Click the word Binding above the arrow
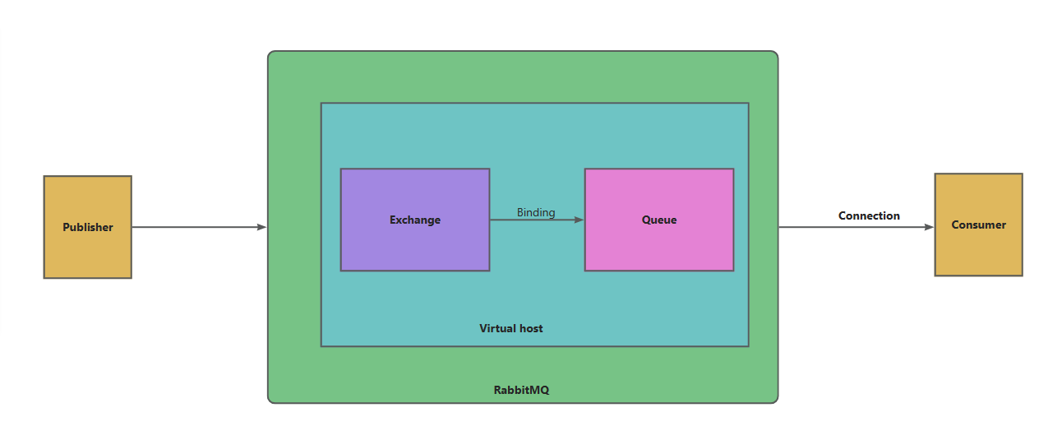536,212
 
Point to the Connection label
869,215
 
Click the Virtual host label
511,328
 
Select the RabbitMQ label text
521,390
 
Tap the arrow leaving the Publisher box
197,227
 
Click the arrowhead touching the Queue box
579,220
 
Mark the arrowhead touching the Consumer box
930,227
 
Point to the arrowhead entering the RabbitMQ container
262,227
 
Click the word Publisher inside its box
88,227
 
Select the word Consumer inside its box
978,225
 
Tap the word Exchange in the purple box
415,220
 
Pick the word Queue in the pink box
658,220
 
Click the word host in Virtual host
530,328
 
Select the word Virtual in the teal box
496,328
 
